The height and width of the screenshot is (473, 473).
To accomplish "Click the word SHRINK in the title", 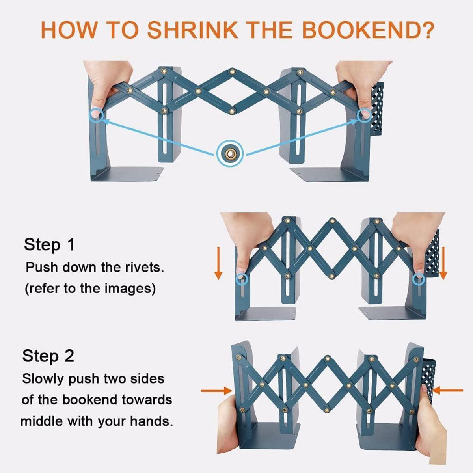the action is (x=192, y=30).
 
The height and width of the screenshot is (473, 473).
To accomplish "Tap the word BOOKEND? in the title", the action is (x=368, y=30).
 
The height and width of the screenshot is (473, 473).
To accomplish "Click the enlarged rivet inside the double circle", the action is (x=230, y=154).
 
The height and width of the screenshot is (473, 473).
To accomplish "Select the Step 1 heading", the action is (x=49, y=245).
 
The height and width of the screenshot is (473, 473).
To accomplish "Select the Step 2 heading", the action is (x=48, y=356).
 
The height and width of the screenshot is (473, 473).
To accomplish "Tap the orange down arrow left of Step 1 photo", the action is (x=218, y=263).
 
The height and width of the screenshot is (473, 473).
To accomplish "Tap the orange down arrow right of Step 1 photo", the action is (x=443, y=263).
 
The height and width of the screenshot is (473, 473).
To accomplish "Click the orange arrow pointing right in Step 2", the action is (x=216, y=391).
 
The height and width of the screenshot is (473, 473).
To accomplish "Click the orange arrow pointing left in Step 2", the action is (x=448, y=390).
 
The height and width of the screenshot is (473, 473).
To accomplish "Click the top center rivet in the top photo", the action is (x=232, y=72).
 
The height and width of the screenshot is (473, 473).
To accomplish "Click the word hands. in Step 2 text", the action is (x=151, y=421).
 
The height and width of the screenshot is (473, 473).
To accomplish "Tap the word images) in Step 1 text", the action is (x=130, y=289).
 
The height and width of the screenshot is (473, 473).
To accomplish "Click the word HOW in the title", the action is (x=69, y=30).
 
